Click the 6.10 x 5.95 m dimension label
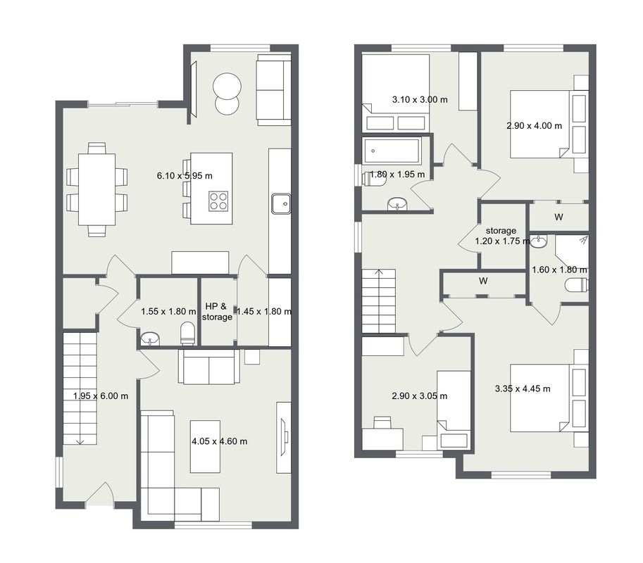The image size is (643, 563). (185, 176)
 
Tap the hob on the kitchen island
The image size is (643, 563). (218, 201)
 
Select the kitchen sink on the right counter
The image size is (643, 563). (280, 203)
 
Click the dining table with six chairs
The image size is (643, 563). (96, 189)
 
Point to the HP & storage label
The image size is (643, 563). (217, 312)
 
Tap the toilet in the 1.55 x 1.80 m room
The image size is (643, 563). (188, 333)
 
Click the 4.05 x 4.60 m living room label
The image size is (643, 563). (220, 441)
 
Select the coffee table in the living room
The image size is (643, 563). (205, 446)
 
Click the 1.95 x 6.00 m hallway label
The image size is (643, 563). (101, 396)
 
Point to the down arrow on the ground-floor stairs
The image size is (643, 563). (80, 441)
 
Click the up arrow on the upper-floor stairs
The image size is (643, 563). (379, 272)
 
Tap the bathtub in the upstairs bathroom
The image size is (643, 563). (391, 151)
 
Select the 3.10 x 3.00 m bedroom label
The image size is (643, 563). (420, 99)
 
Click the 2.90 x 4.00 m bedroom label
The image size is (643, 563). (534, 126)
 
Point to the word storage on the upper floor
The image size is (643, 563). (501, 231)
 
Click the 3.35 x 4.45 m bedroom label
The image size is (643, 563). (523, 389)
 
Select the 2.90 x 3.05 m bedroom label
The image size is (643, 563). (420, 396)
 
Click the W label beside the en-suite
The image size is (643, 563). (558, 217)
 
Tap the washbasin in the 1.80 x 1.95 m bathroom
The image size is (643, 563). (397, 203)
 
